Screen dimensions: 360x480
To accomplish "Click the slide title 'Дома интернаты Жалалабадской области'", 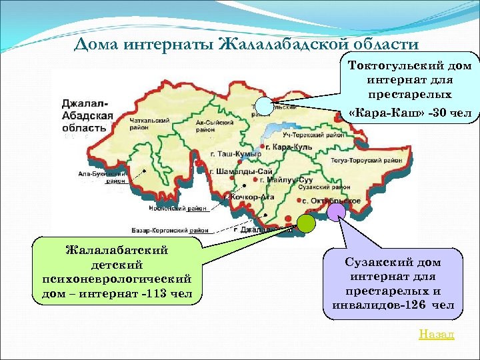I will point(246,45).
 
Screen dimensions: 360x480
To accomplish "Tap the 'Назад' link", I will point(436,333).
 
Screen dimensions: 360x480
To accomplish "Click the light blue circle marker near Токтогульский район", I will point(265,105).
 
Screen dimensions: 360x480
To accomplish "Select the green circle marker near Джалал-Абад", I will point(306,223).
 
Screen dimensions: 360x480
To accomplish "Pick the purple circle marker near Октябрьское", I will point(337,211).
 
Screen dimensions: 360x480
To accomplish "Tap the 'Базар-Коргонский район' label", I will point(175,230).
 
